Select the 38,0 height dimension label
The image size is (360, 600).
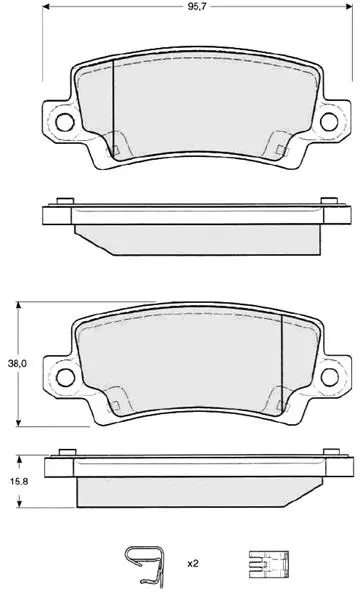coord(17,364)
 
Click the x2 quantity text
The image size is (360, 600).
coord(193,564)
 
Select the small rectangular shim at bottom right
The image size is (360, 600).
coord(269,564)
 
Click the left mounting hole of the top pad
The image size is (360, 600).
coord(64,122)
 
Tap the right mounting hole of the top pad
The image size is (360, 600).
coord(329,122)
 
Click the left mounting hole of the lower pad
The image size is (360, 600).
coord(65,377)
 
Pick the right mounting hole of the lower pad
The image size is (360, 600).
coord(330,377)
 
